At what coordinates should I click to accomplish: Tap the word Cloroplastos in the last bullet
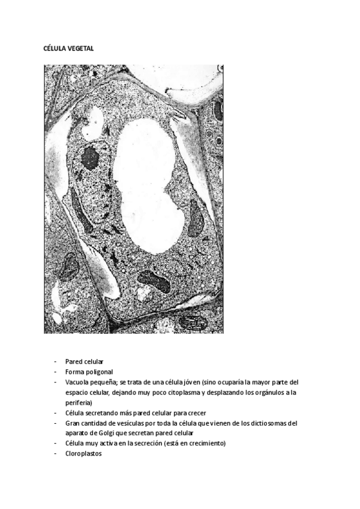click(84, 454)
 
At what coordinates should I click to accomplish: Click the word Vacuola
click(77, 382)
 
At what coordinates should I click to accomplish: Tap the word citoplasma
click(163, 392)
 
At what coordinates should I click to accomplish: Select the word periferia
click(78, 402)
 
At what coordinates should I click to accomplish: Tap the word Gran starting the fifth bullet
click(73, 423)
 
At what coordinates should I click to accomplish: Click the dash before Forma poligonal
click(55, 372)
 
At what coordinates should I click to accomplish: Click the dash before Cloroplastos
click(55, 454)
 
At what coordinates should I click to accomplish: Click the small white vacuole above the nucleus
click(93, 125)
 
